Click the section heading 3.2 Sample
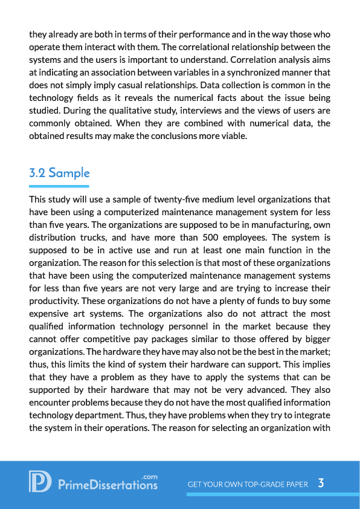[59, 173]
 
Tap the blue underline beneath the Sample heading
[59, 186]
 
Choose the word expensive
[50, 313]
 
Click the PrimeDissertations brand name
[108, 485]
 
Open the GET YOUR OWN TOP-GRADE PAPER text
[248, 484]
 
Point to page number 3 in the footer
[321, 483]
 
